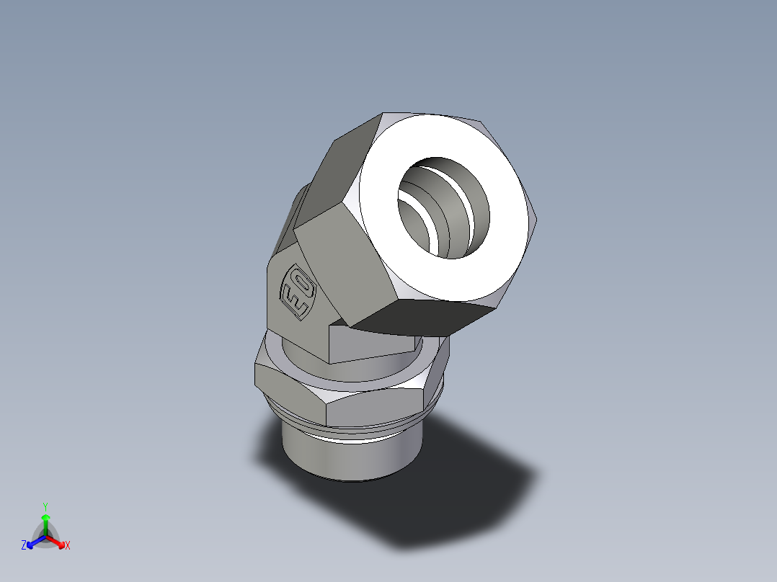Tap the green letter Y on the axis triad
pos(45,506)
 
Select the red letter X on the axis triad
pos(68,546)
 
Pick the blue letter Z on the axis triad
pos(24,546)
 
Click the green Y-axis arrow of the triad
pos(45,521)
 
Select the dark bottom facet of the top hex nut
pos(425,317)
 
